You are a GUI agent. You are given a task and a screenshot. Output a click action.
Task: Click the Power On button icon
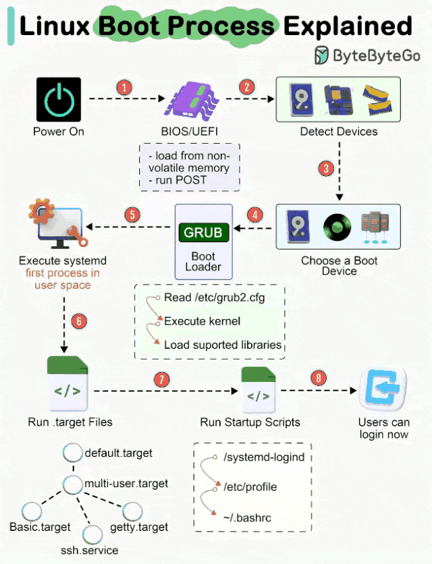(x=59, y=100)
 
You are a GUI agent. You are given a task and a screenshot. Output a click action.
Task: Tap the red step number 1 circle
(x=124, y=88)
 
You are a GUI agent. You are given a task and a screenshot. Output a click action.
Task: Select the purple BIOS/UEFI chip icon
(x=191, y=99)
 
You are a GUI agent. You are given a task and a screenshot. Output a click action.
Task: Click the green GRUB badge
(x=203, y=233)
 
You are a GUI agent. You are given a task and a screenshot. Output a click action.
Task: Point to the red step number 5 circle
(x=132, y=215)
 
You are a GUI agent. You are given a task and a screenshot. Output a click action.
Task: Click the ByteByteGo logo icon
(x=321, y=55)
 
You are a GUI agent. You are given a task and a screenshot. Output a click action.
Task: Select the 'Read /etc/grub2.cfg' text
(x=215, y=298)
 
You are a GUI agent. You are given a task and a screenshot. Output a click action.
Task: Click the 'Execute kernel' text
(x=202, y=321)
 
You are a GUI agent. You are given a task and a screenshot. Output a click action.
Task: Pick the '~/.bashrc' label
(x=247, y=518)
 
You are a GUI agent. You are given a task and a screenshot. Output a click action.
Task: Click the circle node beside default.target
(x=73, y=453)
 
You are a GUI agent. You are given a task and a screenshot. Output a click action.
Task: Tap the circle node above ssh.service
(x=92, y=535)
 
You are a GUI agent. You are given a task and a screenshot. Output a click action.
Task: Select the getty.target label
(x=139, y=528)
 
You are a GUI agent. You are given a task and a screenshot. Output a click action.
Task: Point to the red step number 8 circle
(x=318, y=378)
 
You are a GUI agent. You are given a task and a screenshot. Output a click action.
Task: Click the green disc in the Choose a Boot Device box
(x=337, y=227)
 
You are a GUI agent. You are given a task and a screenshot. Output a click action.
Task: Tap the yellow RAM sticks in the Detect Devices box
(x=377, y=100)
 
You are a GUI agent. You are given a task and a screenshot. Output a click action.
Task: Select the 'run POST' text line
(x=178, y=180)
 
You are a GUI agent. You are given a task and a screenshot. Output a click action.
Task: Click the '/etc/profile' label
(x=250, y=487)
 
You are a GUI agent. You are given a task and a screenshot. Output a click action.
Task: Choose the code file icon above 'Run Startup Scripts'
(x=258, y=390)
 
